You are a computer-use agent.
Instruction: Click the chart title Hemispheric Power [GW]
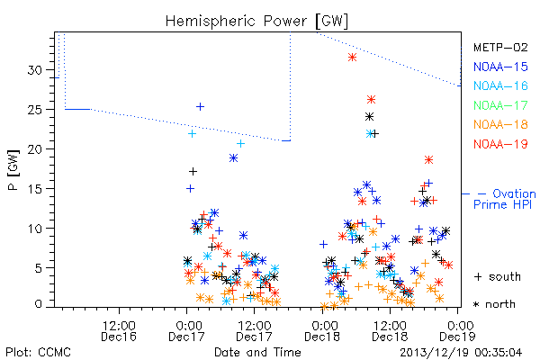click(x=256, y=22)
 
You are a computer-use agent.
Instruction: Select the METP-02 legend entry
click(x=500, y=47)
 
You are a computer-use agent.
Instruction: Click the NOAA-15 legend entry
click(x=500, y=67)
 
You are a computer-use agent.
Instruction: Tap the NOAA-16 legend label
click(x=500, y=85)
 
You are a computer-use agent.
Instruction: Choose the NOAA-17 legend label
click(x=500, y=105)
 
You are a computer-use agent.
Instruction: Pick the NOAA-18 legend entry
click(x=500, y=124)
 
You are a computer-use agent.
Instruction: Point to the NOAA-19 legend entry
click(x=500, y=144)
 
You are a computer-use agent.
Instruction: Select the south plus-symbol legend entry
click(x=498, y=276)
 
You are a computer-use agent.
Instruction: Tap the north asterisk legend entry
click(x=494, y=304)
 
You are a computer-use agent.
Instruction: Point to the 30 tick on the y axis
click(x=34, y=70)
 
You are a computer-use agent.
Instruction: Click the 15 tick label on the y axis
click(x=34, y=189)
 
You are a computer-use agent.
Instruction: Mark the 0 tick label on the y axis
click(x=38, y=304)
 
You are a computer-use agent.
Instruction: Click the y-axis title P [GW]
click(x=13, y=170)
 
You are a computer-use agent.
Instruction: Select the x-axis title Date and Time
click(x=257, y=352)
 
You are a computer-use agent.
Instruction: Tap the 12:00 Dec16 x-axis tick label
click(x=119, y=330)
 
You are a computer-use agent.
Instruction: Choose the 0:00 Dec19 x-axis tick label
click(x=458, y=330)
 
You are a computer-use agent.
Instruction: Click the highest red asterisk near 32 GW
click(x=352, y=58)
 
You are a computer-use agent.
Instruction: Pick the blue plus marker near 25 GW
click(x=200, y=107)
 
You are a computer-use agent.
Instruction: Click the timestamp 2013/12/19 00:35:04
click(x=461, y=353)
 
